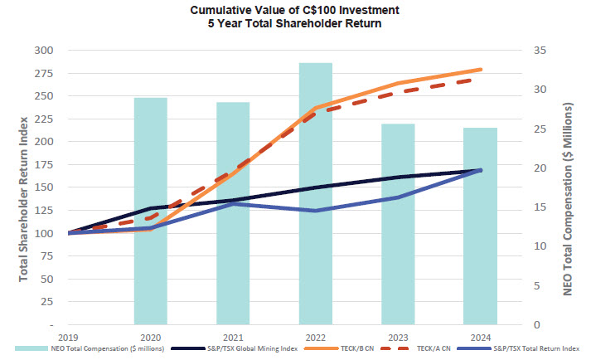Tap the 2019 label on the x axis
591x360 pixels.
(x=68, y=337)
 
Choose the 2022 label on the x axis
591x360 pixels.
(x=316, y=337)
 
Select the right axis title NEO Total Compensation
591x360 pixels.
(x=569, y=187)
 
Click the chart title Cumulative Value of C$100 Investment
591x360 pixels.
(x=295, y=11)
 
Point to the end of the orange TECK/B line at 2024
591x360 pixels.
(x=481, y=70)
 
